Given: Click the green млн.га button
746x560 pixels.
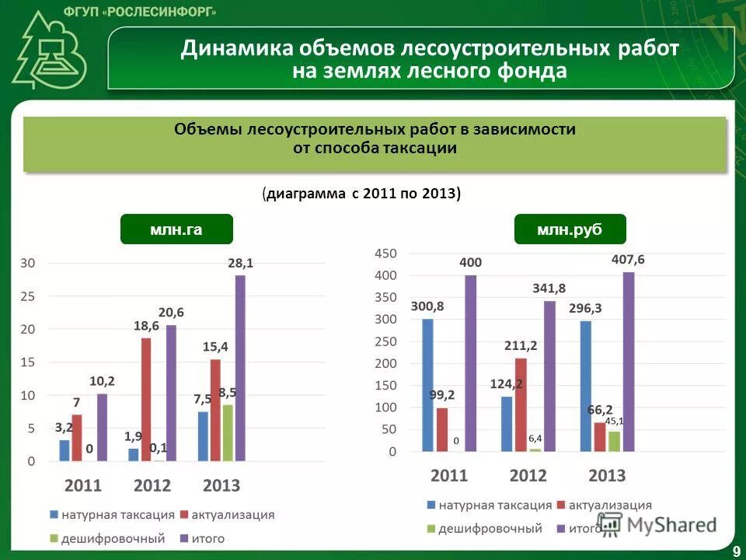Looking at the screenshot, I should (x=176, y=229).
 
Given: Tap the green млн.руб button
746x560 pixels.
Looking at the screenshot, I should (x=570, y=229).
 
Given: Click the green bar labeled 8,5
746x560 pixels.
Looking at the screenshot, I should (x=228, y=432).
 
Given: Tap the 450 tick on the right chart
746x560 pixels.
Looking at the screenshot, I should (x=385, y=254).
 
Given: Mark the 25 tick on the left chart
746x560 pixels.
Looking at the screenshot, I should (x=27, y=296).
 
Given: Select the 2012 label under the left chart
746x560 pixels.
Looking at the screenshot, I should (x=152, y=486).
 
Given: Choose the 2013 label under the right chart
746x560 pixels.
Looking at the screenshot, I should (x=607, y=475).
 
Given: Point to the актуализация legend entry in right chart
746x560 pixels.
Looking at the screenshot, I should (x=610, y=506).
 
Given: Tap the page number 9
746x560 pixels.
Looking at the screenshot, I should (x=735, y=551).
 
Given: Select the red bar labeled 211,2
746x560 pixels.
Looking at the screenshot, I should (x=521, y=404).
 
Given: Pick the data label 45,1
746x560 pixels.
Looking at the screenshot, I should (x=615, y=422).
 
